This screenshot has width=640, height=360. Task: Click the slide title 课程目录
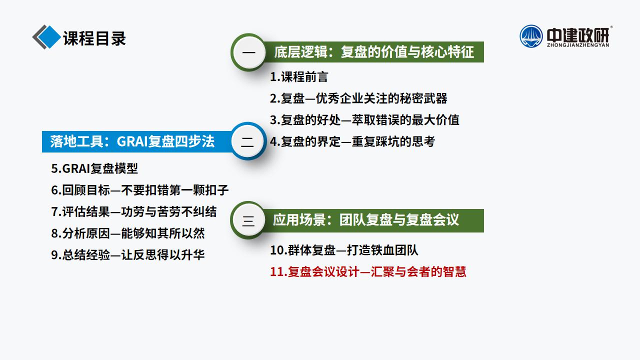[x=94, y=38]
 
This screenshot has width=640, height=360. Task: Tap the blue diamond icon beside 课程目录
[x=49, y=37]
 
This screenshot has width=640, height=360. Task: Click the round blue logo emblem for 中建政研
[x=531, y=36]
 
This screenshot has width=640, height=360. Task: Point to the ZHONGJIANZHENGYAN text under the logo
[x=578, y=45]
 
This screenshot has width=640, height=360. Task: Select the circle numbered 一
[x=249, y=52]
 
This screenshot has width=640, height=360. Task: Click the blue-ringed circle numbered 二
[x=247, y=141]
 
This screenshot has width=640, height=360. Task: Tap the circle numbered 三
[x=248, y=220]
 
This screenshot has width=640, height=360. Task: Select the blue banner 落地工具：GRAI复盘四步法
[x=136, y=141]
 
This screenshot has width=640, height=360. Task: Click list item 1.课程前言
[x=299, y=77]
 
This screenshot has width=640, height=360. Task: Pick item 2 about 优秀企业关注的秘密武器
[x=358, y=98]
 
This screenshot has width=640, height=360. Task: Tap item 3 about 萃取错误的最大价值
[x=364, y=120]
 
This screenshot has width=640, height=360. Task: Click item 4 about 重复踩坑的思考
[x=352, y=141]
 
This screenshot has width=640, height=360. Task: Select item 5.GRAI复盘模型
[x=94, y=168]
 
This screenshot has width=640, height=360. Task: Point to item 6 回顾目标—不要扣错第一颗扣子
[x=139, y=190]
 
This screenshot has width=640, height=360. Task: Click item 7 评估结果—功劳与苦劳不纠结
[x=133, y=211]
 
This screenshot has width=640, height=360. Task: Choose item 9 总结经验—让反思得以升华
[x=127, y=255]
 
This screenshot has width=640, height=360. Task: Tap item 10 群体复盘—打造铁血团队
[x=344, y=250]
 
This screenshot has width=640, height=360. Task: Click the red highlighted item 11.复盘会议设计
[x=368, y=271]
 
